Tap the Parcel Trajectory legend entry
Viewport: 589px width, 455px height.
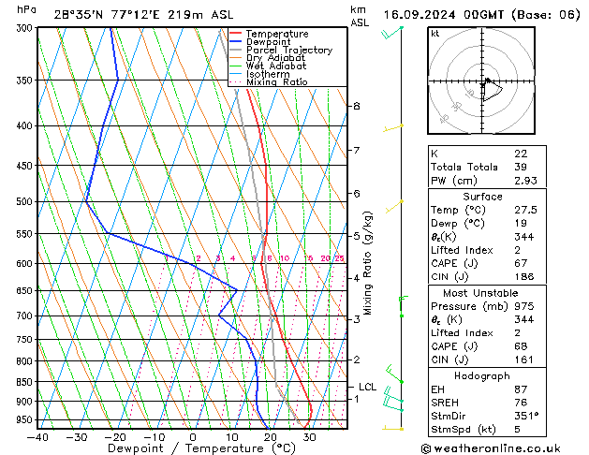pos(288,51)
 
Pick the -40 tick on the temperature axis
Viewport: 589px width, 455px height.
pos(37,437)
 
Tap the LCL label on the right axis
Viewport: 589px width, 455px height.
pos(367,387)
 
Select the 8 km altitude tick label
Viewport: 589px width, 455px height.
pos(356,107)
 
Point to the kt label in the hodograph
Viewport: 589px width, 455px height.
pos(434,33)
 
